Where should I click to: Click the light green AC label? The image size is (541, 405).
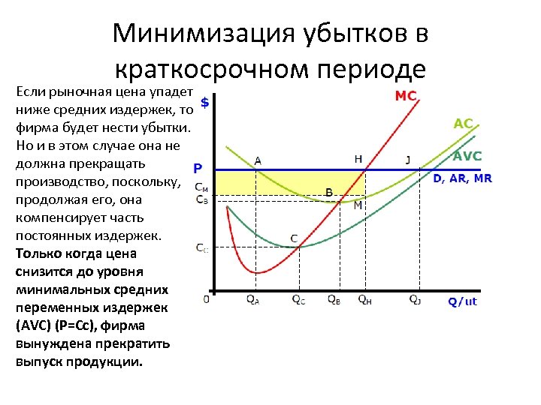pyautogui.click(x=464, y=124)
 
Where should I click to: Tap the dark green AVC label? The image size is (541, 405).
pyautogui.click(x=467, y=156)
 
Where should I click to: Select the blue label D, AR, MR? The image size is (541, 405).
pyautogui.click(x=462, y=178)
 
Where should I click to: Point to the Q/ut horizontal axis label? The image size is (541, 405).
pyautogui.click(x=462, y=301)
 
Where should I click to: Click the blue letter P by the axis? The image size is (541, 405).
pyautogui.click(x=198, y=169)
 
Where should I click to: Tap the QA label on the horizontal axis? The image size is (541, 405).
pyautogui.click(x=252, y=299)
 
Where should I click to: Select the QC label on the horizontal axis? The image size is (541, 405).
pyautogui.click(x=298, y=299)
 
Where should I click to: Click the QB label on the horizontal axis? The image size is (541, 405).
pyautogui.click(x=334, y=299)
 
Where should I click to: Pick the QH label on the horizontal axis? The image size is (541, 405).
pyautogui.click(x=364, y=299)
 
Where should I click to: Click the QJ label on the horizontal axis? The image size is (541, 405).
pyautogui.click(x=416, y=299)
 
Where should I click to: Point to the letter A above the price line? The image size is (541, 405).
pyautogui.click(x=258, y=160)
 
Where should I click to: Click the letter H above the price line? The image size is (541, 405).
pyautogui.click(x=358, y=159)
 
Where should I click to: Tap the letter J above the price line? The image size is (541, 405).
pyautogui.click(x=408, y=159)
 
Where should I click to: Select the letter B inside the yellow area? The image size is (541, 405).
pyautogui.click(x=328, y=192)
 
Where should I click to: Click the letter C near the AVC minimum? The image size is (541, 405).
pyautogui.click(x=294, y=238)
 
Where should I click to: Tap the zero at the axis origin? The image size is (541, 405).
pyautogui.click(x=207, y=298)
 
